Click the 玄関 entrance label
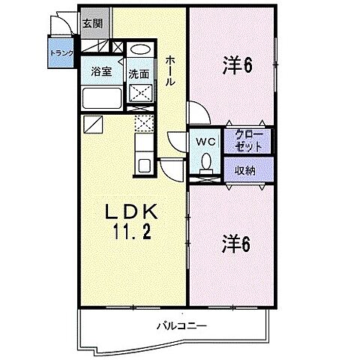(x=93, y=23)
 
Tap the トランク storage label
(x=61, y=53)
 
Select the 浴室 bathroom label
(x=100, y=72)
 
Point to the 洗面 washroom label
(x=138, y=73)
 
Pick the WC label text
(x=206, y=141)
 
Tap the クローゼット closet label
(x=249, y=140)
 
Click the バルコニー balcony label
(x=181, y=325)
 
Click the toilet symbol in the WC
(x=205, y=161)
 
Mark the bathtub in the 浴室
(x=101, y=97)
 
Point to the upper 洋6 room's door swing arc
(x=196, y=115)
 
